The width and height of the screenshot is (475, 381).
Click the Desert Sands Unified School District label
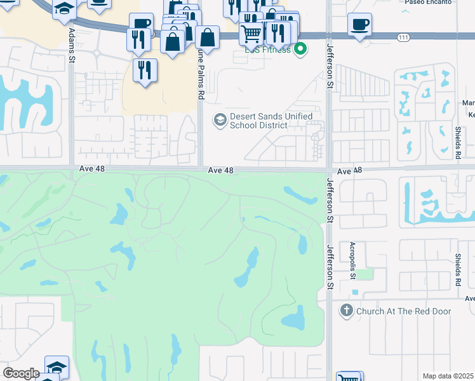(x=271, y=121)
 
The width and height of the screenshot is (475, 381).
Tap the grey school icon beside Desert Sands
(x=220, y=119)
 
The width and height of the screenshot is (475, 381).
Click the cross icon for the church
(x=346, y=311)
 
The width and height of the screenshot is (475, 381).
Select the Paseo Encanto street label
(x=429, y=2)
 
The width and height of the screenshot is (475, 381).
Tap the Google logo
(x=20, y=373)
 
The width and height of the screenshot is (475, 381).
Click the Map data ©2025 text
(x=448, y=376)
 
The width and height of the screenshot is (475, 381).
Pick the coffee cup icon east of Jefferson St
(x=360, y=25)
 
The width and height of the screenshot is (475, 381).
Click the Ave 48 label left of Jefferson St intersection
(x=222, y=171)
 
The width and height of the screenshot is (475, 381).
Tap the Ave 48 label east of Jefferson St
(x=350, y=171)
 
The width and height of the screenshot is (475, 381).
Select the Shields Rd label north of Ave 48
(x=458, y=143)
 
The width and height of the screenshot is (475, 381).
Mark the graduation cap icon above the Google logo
(x=57, y=367)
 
